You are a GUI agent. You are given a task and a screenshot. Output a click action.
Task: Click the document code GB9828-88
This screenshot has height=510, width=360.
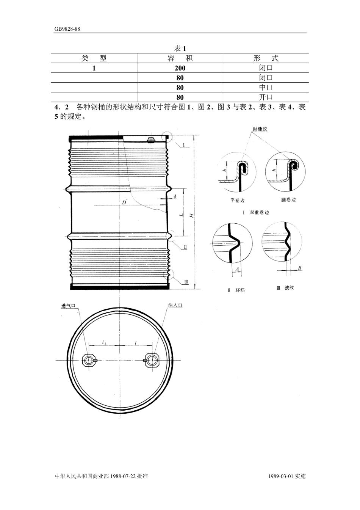point(67,29)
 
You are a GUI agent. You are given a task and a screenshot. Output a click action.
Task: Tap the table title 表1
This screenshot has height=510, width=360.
point(180,49)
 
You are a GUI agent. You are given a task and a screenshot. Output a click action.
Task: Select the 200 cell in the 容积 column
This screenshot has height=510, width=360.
point(180,68)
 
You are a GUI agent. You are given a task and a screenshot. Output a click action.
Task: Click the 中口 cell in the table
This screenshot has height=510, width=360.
point(266,88)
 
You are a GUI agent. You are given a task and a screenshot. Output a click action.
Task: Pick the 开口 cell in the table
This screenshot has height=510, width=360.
point(266,97)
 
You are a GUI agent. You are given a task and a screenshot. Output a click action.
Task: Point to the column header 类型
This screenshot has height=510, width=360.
point(94,58)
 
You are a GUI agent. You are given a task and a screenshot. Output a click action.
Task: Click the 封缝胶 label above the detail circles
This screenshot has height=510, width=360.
point(260,129)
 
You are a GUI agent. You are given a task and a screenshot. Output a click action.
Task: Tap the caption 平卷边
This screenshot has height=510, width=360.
point(237,200)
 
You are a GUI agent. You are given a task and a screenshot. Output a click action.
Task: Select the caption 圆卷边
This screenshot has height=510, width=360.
point(288,200)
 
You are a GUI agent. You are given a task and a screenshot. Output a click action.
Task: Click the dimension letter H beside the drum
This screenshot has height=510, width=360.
point(192,215)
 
